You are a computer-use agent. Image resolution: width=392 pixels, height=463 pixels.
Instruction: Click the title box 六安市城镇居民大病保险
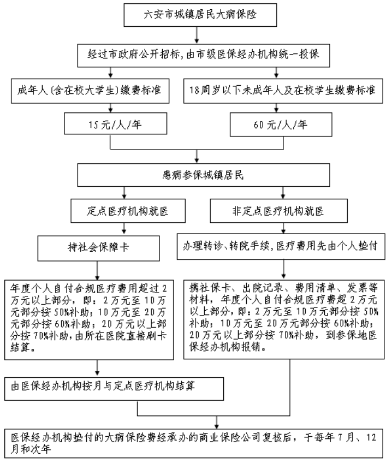coord(200,15)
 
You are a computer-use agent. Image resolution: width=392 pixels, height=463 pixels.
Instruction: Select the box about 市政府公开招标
coord(204,56)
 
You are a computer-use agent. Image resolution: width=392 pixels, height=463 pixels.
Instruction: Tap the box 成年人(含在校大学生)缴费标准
coord(90,91)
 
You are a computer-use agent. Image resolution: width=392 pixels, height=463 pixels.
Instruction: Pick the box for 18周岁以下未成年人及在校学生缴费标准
coord(283,91)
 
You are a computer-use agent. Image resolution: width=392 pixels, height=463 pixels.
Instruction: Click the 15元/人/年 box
coord(115,123)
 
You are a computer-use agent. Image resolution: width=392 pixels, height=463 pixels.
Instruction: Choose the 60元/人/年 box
coord(281,124)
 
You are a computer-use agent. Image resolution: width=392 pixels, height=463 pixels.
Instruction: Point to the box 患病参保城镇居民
coord(204,175)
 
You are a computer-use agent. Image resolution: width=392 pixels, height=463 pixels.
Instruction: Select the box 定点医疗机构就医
coord(128,211)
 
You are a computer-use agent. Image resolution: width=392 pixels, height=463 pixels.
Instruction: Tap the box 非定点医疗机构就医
coord(278,211)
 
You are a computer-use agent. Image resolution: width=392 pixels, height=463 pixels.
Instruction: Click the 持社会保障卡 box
coord(99,248)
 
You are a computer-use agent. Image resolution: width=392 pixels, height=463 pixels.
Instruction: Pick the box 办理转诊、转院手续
coord(281,247)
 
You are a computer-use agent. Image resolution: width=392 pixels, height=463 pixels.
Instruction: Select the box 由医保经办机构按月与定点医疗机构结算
coord(114,389)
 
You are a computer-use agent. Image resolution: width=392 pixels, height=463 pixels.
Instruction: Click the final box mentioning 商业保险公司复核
coord(194,443)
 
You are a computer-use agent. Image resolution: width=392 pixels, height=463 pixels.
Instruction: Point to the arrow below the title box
coord(197,35)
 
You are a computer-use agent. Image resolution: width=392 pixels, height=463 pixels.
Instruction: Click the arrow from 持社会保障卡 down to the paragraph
coord(97,270)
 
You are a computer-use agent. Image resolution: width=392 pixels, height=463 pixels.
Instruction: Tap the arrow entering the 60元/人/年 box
coord(276,108)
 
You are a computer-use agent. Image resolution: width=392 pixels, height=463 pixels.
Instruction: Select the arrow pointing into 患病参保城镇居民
coord(197,157)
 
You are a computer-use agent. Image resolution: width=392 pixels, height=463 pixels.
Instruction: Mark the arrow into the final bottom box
coord(217,422)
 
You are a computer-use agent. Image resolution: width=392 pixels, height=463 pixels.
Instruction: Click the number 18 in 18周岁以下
coord(194,90)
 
